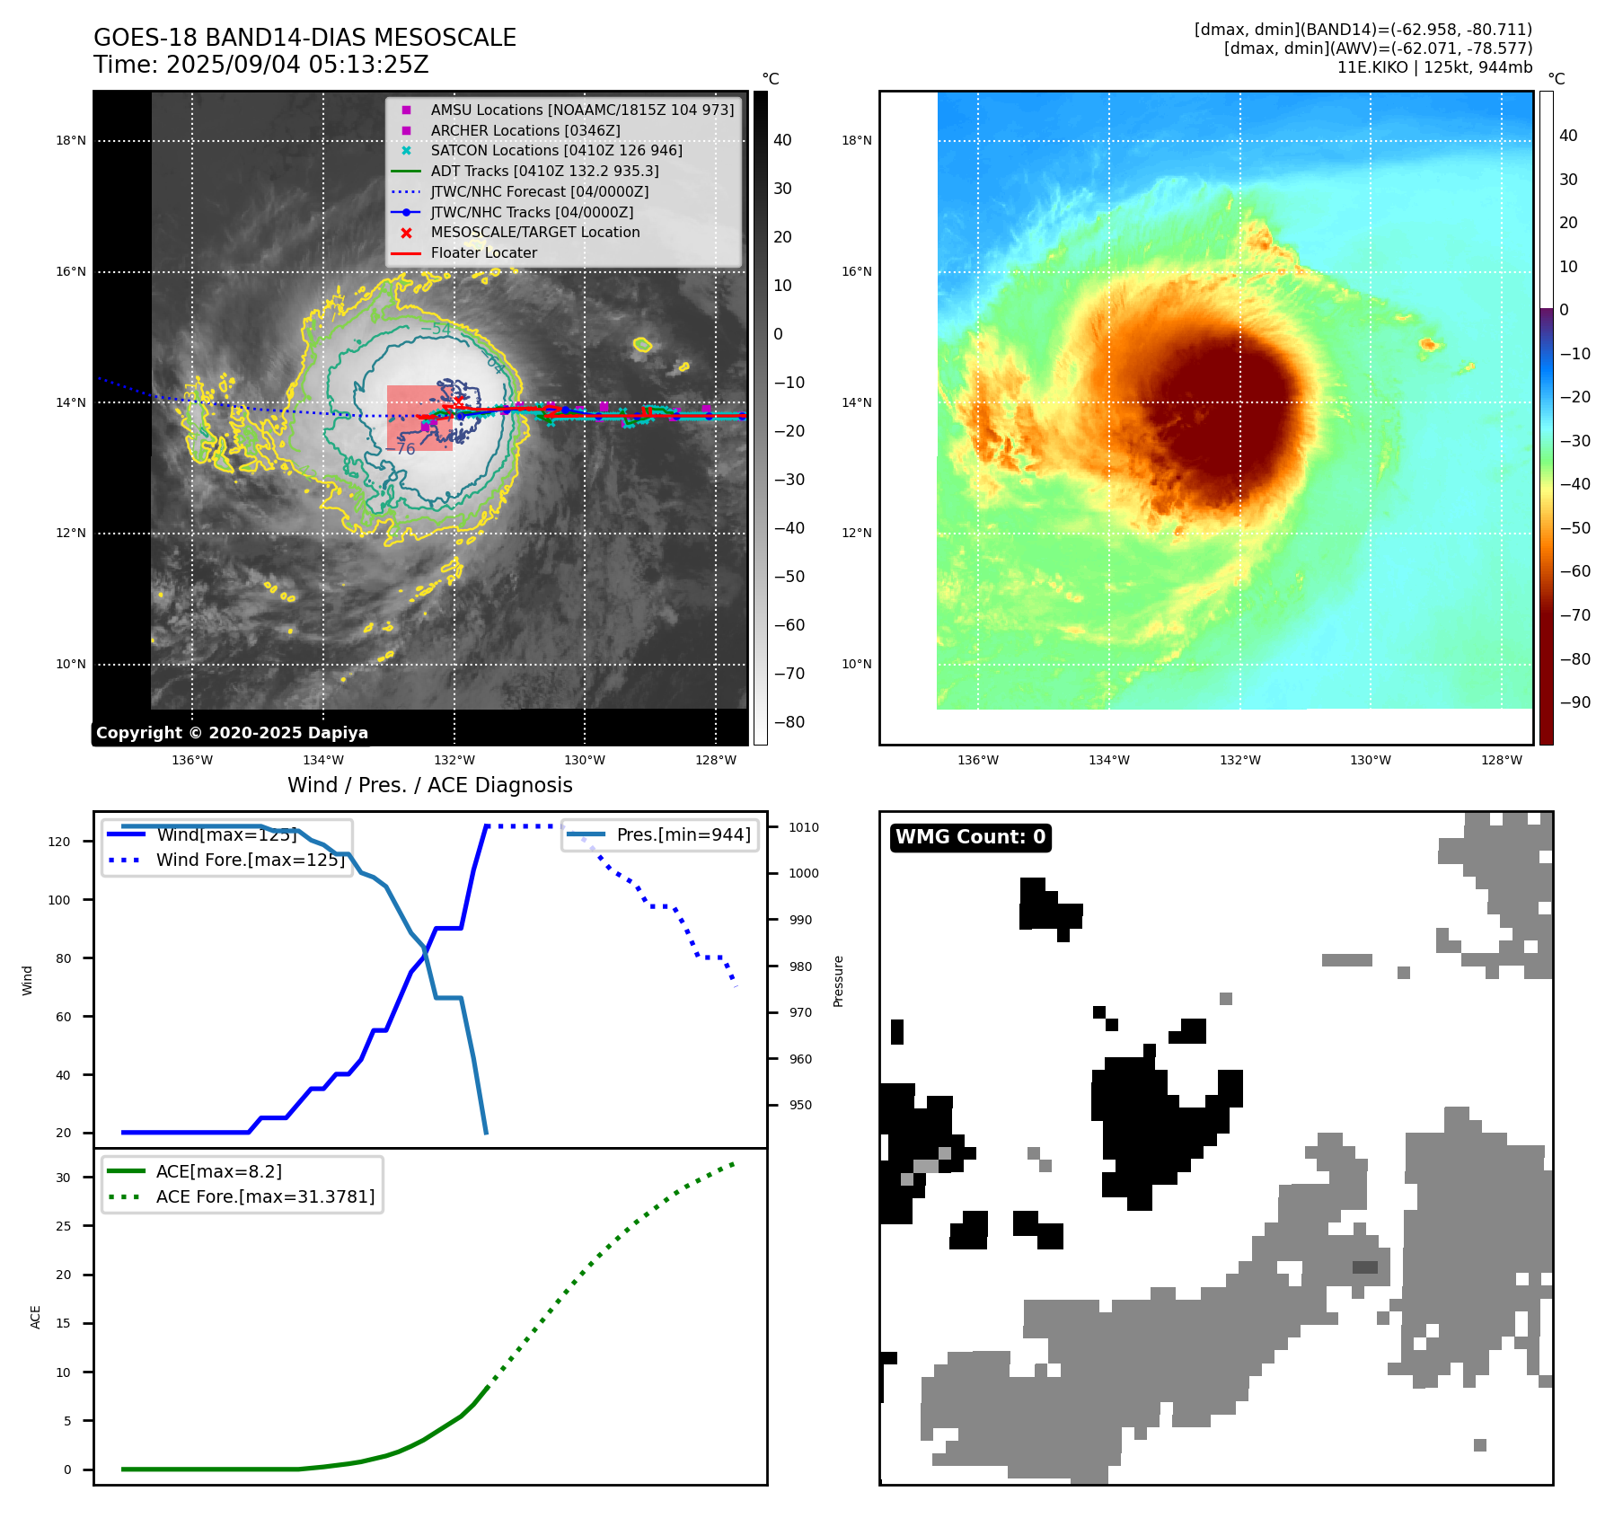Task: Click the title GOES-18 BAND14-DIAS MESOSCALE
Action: [x=304, y=38]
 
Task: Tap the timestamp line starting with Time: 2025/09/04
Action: [x=261, y=65]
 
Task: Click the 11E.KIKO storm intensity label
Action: [x=1434, y=67]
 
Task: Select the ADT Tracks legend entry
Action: [x=544, y=171]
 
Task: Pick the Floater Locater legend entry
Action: [x=483, y=253]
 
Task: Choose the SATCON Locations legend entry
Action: [x=556, y=150]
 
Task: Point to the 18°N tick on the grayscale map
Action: [x=71, y=140]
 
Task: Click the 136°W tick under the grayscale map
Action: [x=192, y=760]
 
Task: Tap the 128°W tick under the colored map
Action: [x=1502, y=760]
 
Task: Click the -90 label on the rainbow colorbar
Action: [x=1575, y=702]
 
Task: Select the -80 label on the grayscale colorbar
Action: [x=789, y=722]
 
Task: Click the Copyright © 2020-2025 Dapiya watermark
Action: [x=232, y=733]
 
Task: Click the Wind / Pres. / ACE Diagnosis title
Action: [x=429, y=785]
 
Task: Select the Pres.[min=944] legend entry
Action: [x=683, y=834]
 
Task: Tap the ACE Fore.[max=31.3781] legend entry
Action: [x=265, y=1196]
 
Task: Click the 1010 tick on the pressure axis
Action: [x=804, y=827]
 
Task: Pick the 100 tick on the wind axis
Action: [x=59, y=900]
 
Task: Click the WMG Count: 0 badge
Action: [x=970, y=837]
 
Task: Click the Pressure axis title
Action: [x=838, y=981]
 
